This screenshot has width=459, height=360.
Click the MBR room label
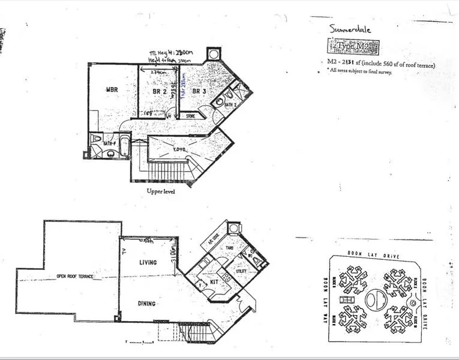click(x=112, y=91)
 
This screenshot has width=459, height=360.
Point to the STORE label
click(x=191, y=115)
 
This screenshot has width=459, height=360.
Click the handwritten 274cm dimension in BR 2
click(x=158, y=73)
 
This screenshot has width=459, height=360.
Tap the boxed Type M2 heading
click(x=355, y=47)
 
